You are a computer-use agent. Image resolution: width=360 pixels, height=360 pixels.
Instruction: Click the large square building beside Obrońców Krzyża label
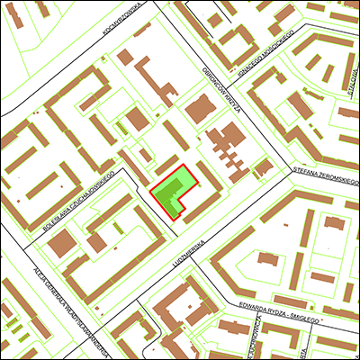(x=199, y=110)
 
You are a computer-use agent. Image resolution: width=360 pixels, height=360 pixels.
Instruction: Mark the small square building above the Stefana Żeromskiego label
(x=264, y=167)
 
